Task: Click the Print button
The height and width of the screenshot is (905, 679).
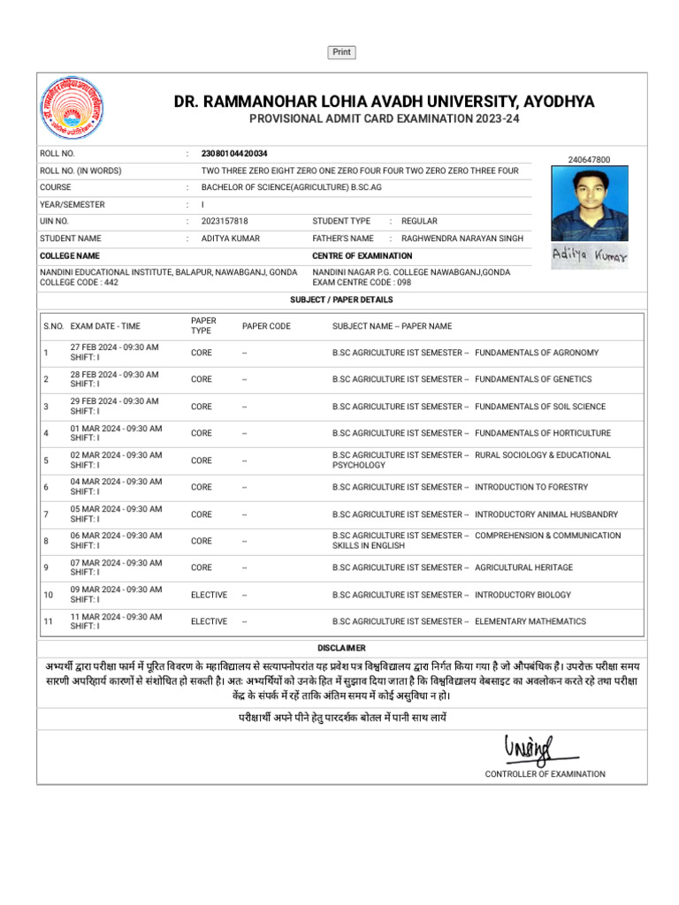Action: [342, 52]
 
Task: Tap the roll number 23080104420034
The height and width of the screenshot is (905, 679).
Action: [234, 154]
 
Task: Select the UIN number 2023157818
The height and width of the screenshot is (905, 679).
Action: [225, 221]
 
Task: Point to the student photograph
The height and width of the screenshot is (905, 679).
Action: [590, 204]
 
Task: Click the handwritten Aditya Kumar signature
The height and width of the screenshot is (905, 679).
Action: [590, 256]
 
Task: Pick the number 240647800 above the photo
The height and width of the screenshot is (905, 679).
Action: [589, 160]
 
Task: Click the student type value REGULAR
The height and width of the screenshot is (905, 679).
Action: [419, 221]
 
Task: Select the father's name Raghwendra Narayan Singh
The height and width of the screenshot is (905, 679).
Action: [462, 239]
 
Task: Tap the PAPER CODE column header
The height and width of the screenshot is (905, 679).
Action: [266, 326]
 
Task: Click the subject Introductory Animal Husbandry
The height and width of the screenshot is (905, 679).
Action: [546, 514]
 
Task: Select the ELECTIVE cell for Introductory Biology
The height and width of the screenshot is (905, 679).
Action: [209, 595]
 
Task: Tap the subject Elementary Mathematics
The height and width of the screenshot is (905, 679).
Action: [530, 621]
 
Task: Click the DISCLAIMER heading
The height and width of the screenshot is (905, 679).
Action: [341, 648]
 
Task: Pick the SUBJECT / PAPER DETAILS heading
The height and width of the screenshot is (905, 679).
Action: [341, 300]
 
